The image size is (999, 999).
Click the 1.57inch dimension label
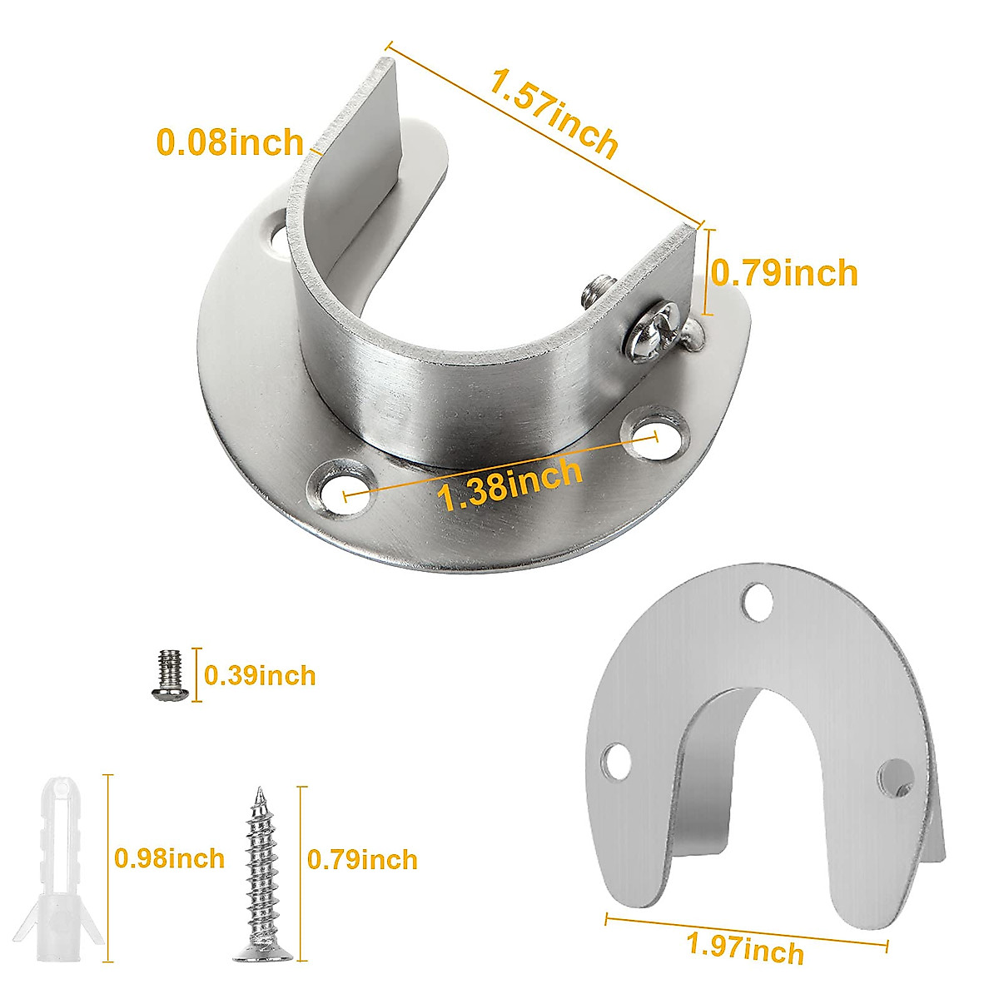tap(554, 115)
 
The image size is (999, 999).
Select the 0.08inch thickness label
tap(230, 142)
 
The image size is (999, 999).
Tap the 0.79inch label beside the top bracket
tap(783, 272)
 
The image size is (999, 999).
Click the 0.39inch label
tap(261, 674)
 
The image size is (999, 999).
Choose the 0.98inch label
tap(170, 857)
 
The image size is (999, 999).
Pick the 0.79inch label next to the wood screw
tap(362, 859)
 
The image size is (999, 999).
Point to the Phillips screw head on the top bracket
tap(651, 335)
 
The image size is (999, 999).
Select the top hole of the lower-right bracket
tap(758, 600)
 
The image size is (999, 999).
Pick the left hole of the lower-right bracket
tap(617, 759)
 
